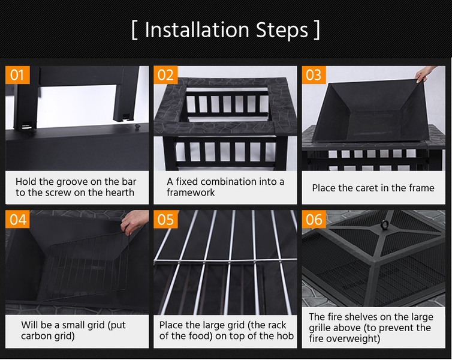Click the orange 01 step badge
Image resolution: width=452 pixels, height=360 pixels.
click(17, 76)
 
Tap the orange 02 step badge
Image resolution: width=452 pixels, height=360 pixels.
click(165, 76)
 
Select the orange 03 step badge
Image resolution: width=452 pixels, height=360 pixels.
click(314, 76)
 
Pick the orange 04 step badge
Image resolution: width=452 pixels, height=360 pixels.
click(17, 220)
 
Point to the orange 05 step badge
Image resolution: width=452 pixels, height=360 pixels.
click(165, 220)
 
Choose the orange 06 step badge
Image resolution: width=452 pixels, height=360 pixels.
click(314, 220)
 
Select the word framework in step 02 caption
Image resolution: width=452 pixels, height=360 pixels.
click(191, 193)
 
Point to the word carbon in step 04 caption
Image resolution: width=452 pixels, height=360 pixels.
click(37, 336)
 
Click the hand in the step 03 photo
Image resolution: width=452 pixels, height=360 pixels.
click(424, 74)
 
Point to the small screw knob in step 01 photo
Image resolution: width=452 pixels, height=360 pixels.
click(137, 127)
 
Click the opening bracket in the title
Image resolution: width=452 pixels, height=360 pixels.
click(135, 30)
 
